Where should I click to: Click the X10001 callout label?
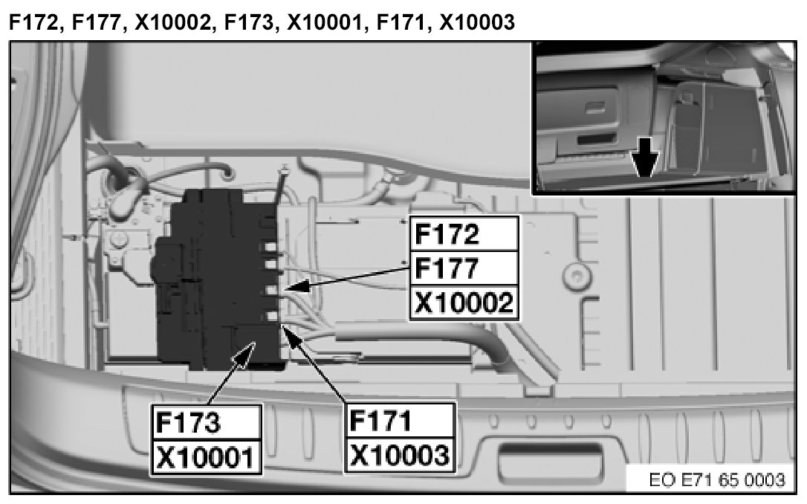tap(206, 455)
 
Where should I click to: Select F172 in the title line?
tap(32, 22)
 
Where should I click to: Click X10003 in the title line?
tap(476, 22)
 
